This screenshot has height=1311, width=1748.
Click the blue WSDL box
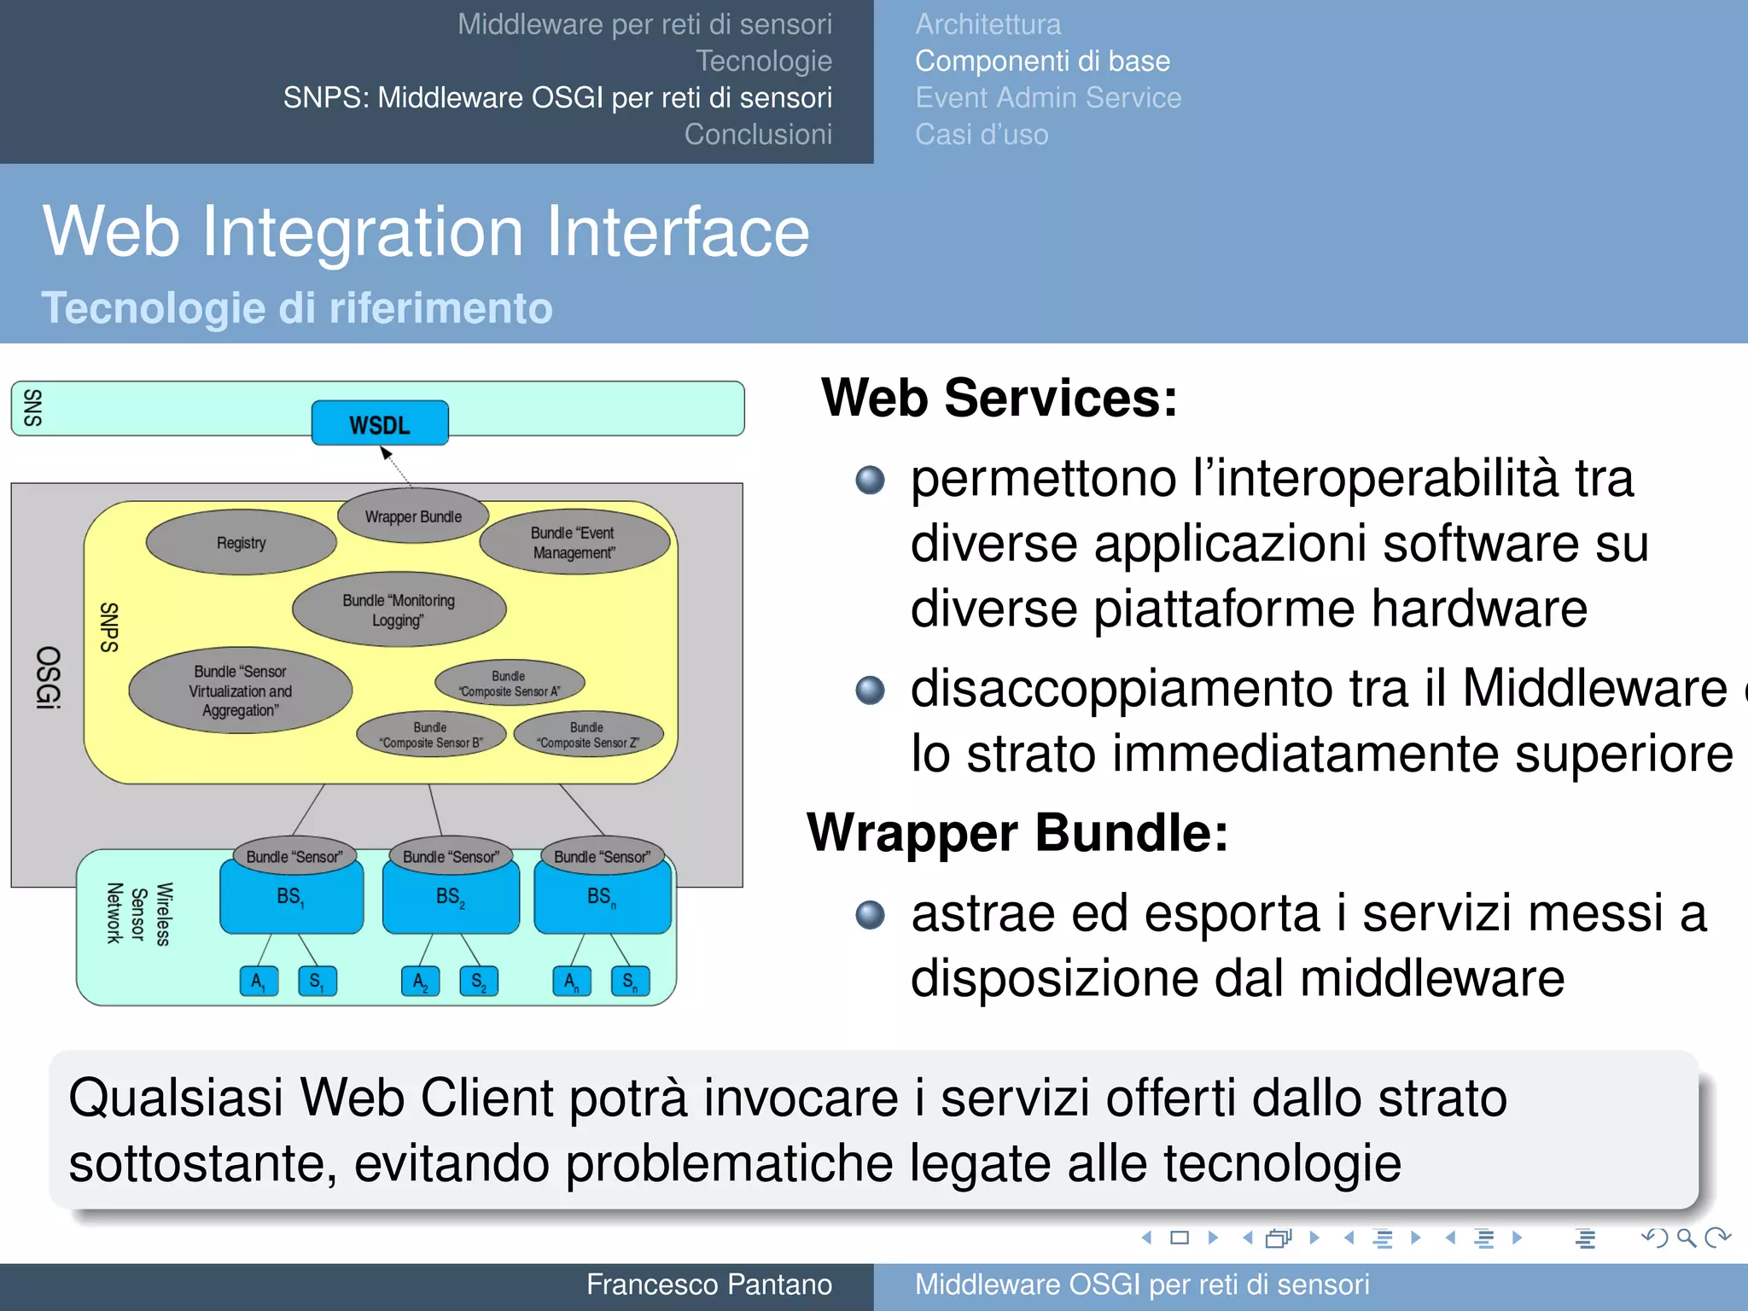pos(380,423)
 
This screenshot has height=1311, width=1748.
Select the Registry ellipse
pos(242,543)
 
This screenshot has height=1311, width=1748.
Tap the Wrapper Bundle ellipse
pos(413,516)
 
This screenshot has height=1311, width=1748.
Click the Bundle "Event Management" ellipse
pos(574,543)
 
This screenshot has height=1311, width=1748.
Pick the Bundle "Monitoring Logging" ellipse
pos(399,609)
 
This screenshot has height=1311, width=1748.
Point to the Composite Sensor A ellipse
pos(510,684)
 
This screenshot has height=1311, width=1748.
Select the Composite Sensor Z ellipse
pos(588,735)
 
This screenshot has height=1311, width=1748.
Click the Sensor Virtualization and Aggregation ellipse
pos(241,690)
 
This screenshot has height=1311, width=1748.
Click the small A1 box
pos(259,982)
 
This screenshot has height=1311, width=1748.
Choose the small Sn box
pos(630,982)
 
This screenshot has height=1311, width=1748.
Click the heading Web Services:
pos(999,398)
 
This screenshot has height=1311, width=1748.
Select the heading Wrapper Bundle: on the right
pos(1017,832)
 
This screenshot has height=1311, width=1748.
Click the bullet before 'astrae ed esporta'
pos(870,915)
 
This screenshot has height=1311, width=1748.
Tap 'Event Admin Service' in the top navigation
pos(1048,97)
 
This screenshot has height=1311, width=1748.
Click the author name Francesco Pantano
pos(708,1285)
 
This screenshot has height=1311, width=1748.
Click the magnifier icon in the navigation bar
pos(1685,1238)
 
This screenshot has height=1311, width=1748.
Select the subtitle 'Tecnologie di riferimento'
pos(297,307)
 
